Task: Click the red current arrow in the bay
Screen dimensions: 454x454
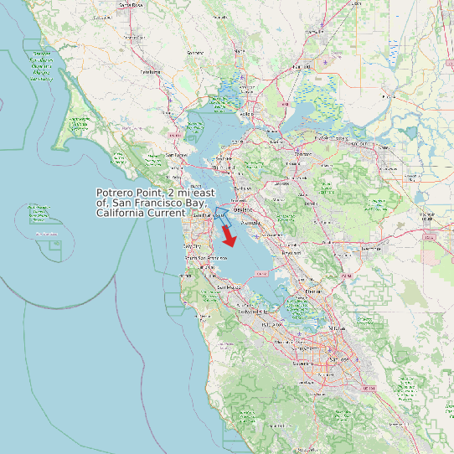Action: pyautogui.click(x=229, y=235)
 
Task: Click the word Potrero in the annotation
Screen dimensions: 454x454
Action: pyautogui.click(x=117, y=193)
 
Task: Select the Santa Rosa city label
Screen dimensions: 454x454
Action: pyautogui.click(x=132, y=5)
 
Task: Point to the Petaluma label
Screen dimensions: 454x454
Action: pyautogui.click(x=150, y=72)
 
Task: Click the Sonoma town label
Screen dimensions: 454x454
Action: pyautogui.click(x=195, y=53)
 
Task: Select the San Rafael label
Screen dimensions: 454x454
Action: pyautogui.click(x=176, y=155)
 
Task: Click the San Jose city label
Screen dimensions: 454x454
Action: pyautogui.click(x=338, y=359)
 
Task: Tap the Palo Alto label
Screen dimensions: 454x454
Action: pyautogui.click(x=271, y=325)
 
